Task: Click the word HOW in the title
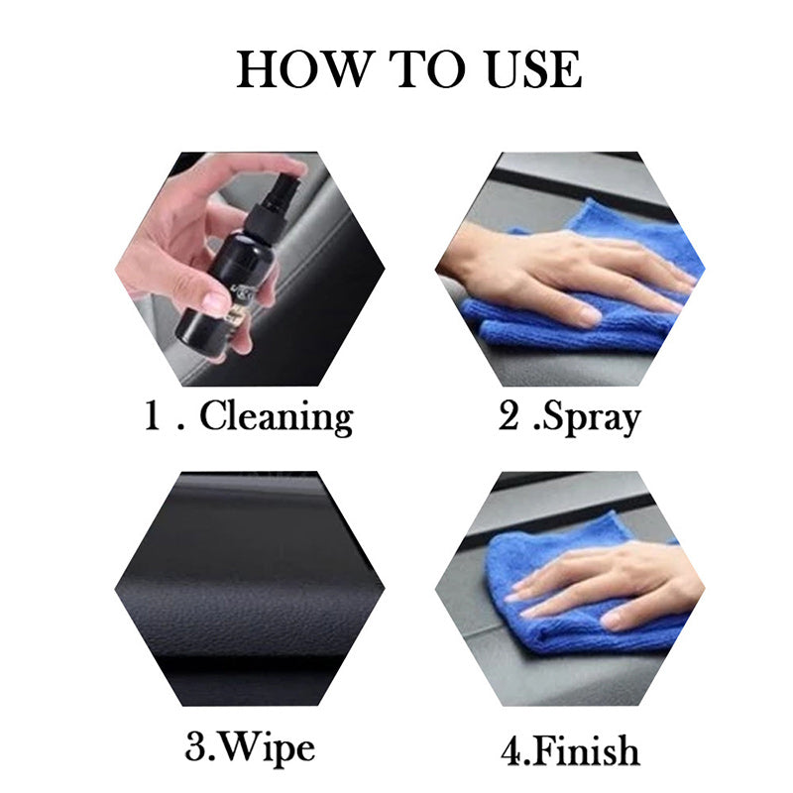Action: point(303,69)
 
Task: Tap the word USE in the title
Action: point(533,69)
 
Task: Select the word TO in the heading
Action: point(427,69)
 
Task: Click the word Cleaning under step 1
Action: point(277,416)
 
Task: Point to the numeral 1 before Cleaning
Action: point(153,415)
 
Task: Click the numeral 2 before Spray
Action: point(509,415)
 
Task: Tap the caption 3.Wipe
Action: point(250,747)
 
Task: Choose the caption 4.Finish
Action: point(571,750)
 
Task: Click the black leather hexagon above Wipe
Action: point(250,589)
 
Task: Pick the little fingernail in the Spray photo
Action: point(588,317)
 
